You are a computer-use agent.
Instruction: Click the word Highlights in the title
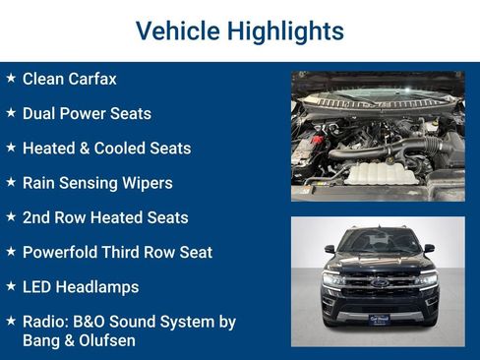285,30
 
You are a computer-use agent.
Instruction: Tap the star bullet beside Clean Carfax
11,78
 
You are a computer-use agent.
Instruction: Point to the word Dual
39,113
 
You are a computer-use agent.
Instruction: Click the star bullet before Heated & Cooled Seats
11,148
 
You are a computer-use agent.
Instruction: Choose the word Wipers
147,183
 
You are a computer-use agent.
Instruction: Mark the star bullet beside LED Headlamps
11,286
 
